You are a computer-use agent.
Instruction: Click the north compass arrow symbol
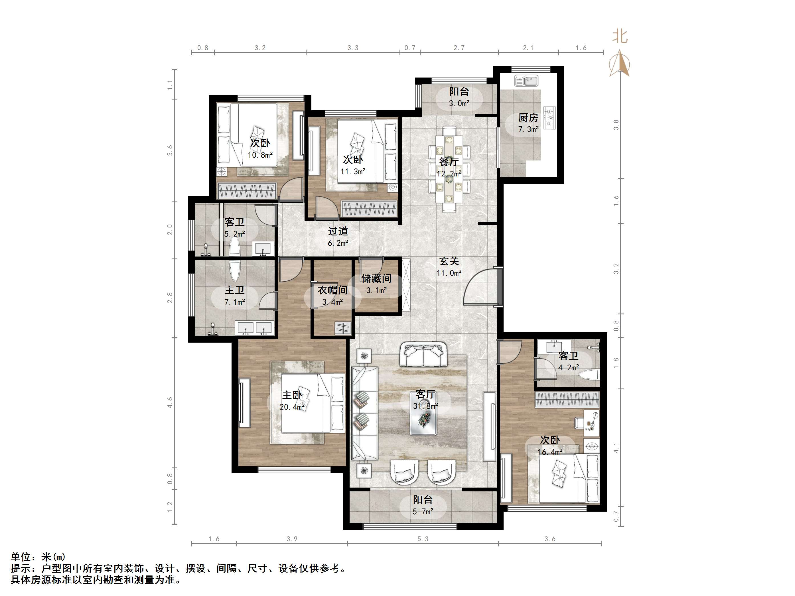pos(620,63)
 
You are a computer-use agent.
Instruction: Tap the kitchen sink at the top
pos(526,81)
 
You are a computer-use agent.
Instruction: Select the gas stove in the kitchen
pos(550,118)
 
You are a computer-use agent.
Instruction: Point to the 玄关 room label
pos(449,261)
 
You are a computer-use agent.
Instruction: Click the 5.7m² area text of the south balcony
pos(423,512)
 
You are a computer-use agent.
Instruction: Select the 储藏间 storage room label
pos(376,278)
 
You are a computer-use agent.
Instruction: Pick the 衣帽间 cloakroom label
pos(332,290)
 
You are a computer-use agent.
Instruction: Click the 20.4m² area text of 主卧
pos(292,407)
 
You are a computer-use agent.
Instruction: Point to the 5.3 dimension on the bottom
pos(423,539)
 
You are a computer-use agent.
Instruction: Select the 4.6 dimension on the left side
pos(170,402)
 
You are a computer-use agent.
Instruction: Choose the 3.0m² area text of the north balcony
pos(459,103)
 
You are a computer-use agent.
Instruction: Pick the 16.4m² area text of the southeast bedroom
pos(550,452)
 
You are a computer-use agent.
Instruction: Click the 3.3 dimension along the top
pos(353,48)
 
